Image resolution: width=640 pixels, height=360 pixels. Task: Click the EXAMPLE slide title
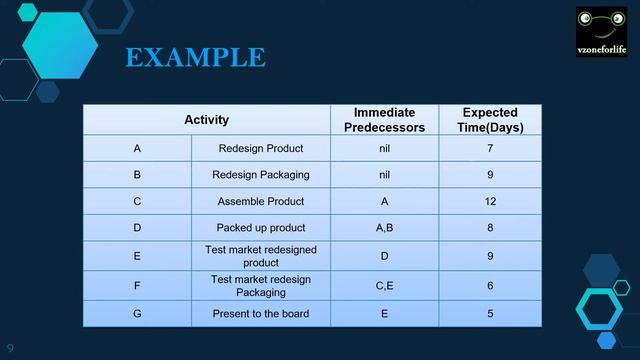(x=195, y=57)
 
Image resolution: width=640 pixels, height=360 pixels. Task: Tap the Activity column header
(x=206, y=120)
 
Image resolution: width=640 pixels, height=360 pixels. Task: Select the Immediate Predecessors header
(x=384, y=120)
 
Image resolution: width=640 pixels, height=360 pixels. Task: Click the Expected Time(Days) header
(x=490, y=120)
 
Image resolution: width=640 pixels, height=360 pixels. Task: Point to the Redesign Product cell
(x=260, y=149)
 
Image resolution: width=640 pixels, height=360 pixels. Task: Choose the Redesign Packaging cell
(x=260, y=175)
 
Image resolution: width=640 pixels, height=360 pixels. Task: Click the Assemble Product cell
(x=260, y=201)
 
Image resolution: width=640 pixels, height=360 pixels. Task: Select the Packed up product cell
(x=260, y=228)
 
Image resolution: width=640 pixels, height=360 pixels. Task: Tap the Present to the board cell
(x=260, y=314)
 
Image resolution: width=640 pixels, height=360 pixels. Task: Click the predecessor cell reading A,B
(x=384, y=228)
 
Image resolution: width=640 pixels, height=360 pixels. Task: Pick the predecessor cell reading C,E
(x=384, y=286)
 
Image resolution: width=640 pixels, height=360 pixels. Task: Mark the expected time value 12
(x=490, y=201)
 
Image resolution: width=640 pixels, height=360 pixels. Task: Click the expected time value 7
(x=490, y=149)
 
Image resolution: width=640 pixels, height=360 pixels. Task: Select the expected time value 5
(x=490, y=314)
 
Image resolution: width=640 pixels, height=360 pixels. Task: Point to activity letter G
(x=137, y=314)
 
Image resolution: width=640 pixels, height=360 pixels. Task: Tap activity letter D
(x=137, y=228)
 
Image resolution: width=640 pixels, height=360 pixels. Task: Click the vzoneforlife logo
(x=601, y=32)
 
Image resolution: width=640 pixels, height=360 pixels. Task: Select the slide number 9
(x=11, y=347)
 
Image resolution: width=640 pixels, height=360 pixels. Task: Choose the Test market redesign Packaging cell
(x=260, y=286)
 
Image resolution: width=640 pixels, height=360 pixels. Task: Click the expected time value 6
(x=490, y=286)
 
